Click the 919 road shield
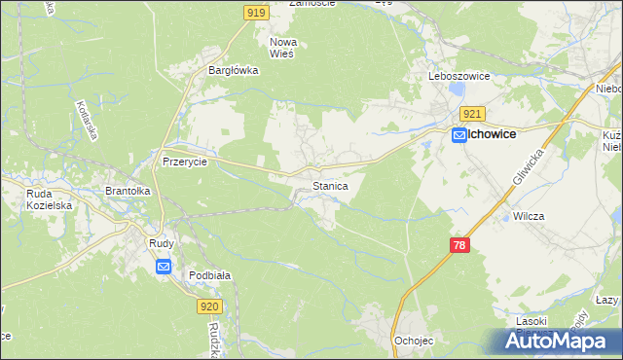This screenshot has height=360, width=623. coord(256,12)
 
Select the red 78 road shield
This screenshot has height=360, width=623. coord(459,245)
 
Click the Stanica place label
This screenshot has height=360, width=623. coord(330,184)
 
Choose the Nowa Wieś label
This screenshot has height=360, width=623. coord(283,49)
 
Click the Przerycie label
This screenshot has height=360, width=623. coord(184,162)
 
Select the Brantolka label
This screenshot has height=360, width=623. coord(128,192)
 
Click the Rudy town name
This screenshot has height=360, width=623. coord(162,244)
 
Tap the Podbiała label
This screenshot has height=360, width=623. coord(209,275)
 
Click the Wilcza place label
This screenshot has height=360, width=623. coord(528,216)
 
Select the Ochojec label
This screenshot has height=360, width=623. coord(413,341)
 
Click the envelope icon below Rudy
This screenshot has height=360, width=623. coord(163,267)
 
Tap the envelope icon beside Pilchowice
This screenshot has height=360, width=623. coord(458,138)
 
